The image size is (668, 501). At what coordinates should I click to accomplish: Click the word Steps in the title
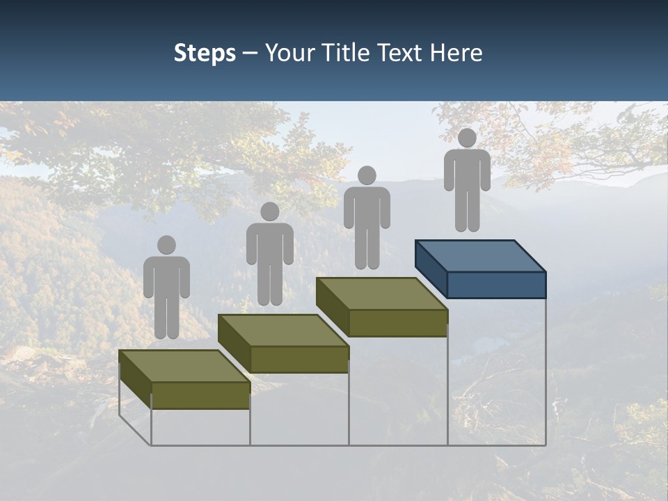click(x=205, y=54)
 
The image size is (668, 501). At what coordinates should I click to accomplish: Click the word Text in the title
click(x=403, y=53)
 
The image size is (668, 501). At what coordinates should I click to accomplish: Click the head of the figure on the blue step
click(x=467, y=138)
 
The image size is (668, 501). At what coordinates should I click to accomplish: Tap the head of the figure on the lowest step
click(x=166, y=245)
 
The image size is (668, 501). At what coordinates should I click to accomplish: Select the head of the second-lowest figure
click(x=269, y=212)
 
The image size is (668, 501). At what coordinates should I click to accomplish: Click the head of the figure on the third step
click(x=367, y=175)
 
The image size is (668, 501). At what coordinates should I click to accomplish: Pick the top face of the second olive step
click(x=283, y=330)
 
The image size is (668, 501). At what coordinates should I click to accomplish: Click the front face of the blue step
click(x=496, y=285)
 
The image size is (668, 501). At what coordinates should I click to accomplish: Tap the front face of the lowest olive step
click(x=200, y=395)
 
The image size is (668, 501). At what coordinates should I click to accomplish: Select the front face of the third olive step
click(x=397, y=323)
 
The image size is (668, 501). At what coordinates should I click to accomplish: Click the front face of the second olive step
click(x=299, y=359)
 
